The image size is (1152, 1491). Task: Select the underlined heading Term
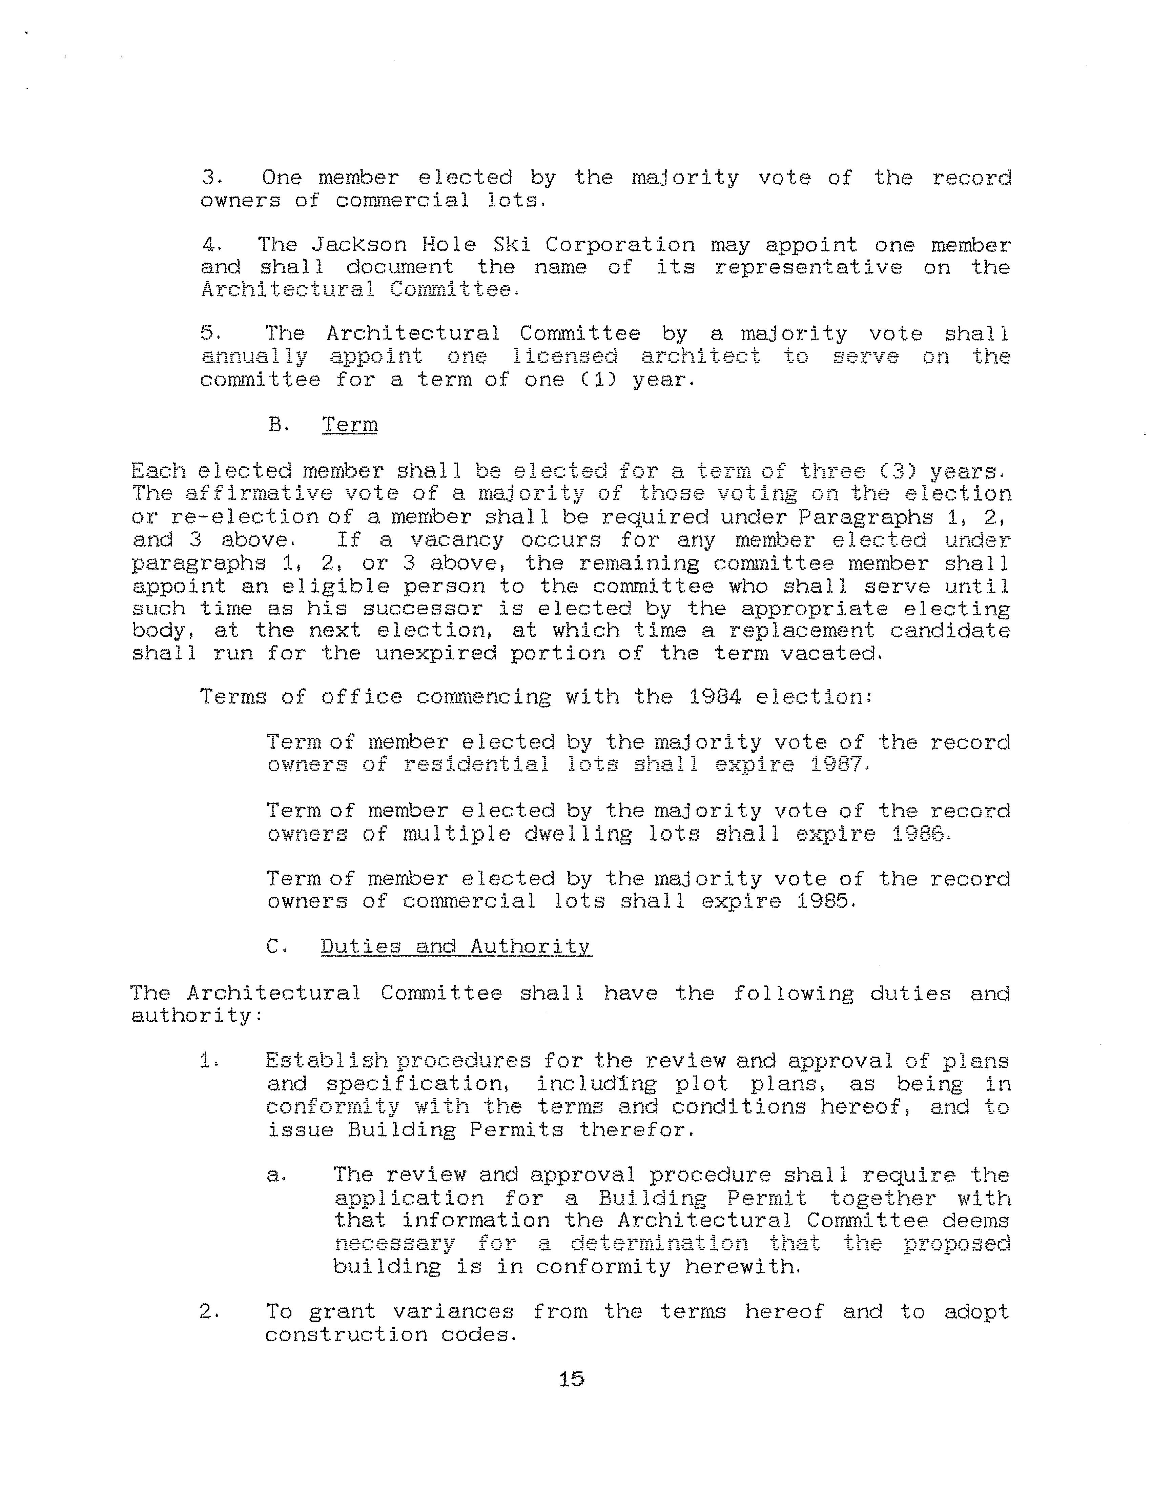pyautogui.click(x=349, y=425)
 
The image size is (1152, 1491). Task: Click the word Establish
pyautogui.click(x=326, y=1061)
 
